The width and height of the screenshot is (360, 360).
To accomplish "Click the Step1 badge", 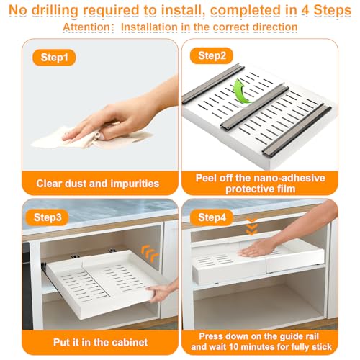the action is pyautogui.click(x=54, y=58).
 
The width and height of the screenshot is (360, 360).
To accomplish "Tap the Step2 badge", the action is pyautogui.click(x=212, y=55).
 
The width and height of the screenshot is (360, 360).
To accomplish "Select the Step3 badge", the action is pyautogui.click(x=48, y=217).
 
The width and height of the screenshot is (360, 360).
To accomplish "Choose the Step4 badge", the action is pyautogui.click(x=212, y=217).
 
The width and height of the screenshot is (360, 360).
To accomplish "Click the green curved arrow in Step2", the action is pyautogui.click(x=240, y=92).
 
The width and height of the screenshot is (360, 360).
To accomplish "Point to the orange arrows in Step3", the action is pyautogui.click(x=150, y=254).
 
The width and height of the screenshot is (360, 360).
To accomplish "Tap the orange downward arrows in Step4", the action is pyautogui.click(x=252, y=226).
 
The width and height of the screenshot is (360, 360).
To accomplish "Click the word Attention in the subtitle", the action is pyautogui.click(x=86, y=27).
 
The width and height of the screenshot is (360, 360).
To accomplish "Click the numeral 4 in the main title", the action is pyautogui.click(x=305, y=10).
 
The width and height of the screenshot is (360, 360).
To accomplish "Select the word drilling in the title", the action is pyautogui.click(x=55, y=11).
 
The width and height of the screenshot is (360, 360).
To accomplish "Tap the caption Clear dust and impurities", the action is pyautogui.click(x=98, y=184).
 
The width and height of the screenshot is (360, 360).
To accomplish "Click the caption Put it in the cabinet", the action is pyautogui.click(x=100, y=342).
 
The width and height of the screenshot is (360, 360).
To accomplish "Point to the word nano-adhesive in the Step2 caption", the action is pyautogui.click(x=289, y=178).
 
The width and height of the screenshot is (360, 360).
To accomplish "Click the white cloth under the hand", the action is pyautogui.click(x=91, y=138).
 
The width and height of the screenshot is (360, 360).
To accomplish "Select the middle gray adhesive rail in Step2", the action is pyautogui.click(x=254, y=106).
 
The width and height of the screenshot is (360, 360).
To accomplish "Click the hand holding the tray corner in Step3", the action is pyautogui.click(x=163, y=291).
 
